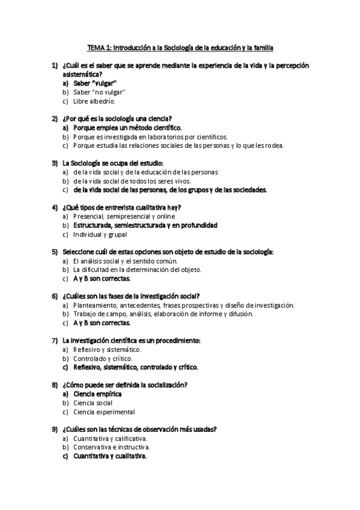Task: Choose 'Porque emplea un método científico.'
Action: pyautogui.click(x=127, y=127)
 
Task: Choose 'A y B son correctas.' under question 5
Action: pyautogui.click(x=102, y=278)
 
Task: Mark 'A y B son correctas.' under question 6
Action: pyautogui.click(x=102, y=323)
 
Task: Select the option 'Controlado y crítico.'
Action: pyautogui.click(x=103, y=358)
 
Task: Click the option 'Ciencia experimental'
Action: pyautogui.click(x=104, y=412)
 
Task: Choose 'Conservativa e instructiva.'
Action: pyautogui.click(x=111, y=447)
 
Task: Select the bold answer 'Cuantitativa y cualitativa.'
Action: pyautogui.click(x=110, y=456)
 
